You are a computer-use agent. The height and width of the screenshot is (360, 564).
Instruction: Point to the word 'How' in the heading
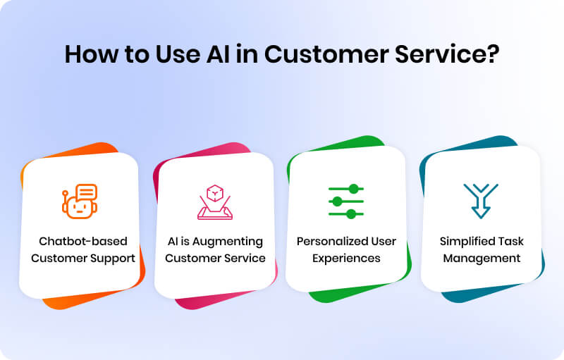click(x=90, y=54)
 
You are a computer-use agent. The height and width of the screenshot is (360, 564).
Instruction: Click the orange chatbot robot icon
click(x=78, y=201)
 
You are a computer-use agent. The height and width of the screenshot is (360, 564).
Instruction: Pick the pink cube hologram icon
click(x=214, y=201)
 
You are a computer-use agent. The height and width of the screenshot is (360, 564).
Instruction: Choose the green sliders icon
click(x=346, y=201)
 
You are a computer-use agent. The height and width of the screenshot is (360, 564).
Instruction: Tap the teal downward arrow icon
click(x=480, y=200)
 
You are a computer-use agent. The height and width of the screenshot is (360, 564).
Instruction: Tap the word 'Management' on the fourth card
click(x=482, y=258)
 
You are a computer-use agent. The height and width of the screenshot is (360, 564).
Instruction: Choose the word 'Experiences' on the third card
click(x=346, y=258)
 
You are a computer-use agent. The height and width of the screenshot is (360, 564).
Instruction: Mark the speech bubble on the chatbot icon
click(x=86, y=192)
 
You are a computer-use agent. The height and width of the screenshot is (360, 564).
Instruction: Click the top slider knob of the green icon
click(x=355, y=189)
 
